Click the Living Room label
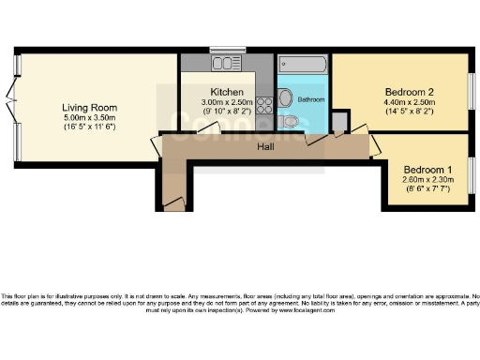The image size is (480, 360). [82, 107]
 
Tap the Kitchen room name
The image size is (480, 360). [226, 91]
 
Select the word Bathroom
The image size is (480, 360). [310, 98]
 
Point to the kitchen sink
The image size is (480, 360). [226, 64]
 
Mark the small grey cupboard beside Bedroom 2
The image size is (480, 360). [339, 122]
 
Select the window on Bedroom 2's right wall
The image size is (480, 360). [470, 91]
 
